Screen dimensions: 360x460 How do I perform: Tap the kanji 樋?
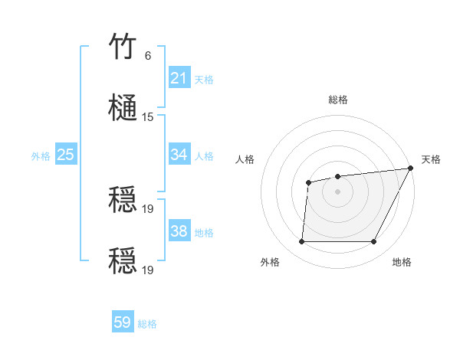(x=123, y=107)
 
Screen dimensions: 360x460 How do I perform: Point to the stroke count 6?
(x=148, y=56)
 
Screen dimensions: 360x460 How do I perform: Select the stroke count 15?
(x=148, y=117)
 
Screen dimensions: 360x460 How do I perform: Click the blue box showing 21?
(x=179, y=78)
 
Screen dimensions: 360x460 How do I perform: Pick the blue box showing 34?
(x=179, y=155)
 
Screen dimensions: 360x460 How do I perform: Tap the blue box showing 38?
(x=179, y=231)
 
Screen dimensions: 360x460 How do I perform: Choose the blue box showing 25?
(x=65, y=155)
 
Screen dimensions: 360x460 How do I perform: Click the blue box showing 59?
(x=123, y=322)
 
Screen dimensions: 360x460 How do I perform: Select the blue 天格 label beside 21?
(x=204, y=79)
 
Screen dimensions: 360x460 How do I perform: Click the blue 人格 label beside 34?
(x=204, y=155)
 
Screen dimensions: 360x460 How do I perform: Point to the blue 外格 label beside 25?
(x=41, y=155)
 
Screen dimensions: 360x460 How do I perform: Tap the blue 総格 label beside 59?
(x=147, y=324)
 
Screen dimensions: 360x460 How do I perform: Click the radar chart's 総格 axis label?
(x=338, y=100)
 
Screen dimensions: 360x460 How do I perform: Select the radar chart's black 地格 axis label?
(x=402, y=263)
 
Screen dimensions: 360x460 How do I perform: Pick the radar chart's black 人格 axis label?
(x=245, y=159)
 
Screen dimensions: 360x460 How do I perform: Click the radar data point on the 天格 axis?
(x=410, y=169)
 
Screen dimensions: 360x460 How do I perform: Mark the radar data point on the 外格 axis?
(x=301, y=242)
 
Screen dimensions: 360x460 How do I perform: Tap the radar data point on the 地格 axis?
(x=374, y=242)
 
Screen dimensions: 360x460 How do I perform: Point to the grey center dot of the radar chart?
(x=337, y=191)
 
